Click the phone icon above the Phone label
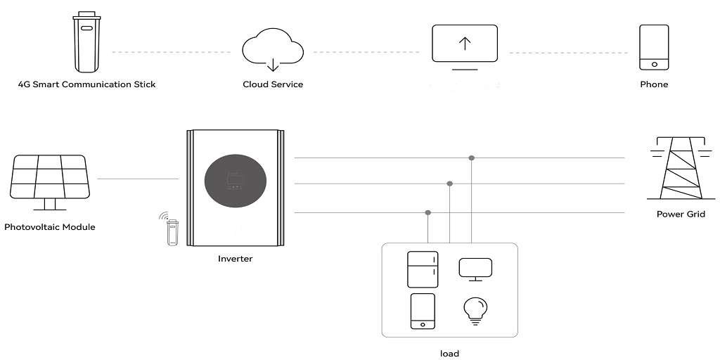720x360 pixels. (654, 47)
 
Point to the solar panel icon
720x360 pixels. (50, 182)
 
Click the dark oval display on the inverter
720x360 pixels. (236, 179)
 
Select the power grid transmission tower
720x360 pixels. (681, 168)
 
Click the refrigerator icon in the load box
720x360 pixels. (423, 269)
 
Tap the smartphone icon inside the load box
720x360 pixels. (423, 311)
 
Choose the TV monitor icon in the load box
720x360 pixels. (476, 269)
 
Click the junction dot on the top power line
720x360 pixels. (472, 158)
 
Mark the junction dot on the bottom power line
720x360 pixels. (428, 212)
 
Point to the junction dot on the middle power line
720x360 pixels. (450, 184)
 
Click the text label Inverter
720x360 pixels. (235, 259)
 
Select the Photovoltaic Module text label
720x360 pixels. (50, 227)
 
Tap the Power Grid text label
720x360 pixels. (681, 214)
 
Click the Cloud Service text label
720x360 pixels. (273, 84)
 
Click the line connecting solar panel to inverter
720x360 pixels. (139, 179)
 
